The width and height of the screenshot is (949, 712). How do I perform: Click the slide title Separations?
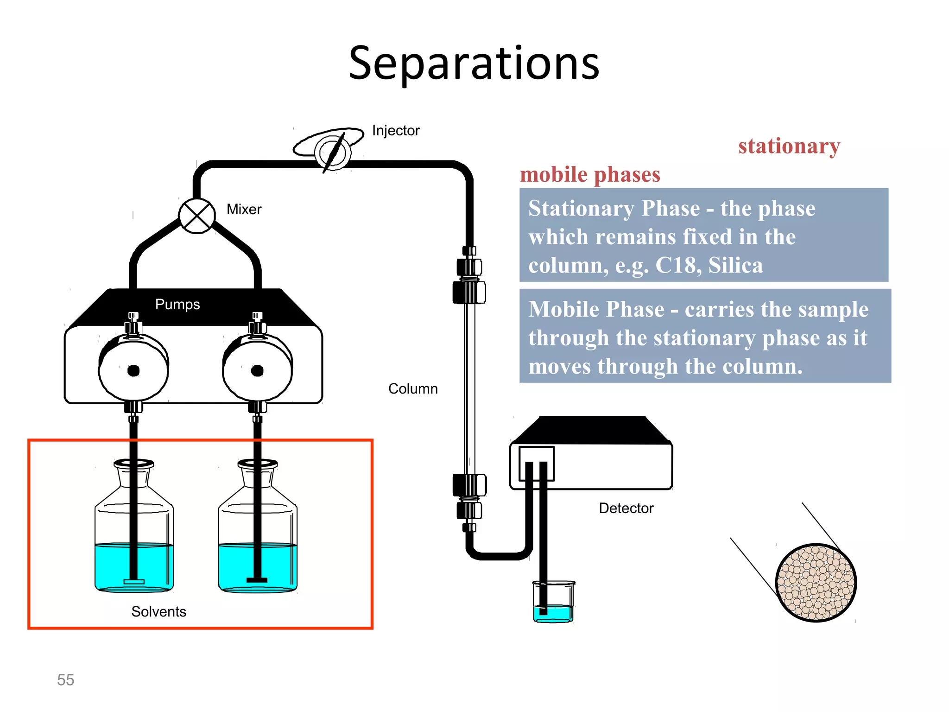[474, 63]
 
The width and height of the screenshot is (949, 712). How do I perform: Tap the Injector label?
[395, 131]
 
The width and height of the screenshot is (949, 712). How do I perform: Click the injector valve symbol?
[333, 151]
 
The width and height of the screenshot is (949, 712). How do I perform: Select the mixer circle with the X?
[197, 216]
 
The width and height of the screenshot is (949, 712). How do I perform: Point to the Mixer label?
[244, 210]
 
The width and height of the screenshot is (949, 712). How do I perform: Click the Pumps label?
[177, 305]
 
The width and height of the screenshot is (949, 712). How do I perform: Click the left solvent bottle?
[134, 533]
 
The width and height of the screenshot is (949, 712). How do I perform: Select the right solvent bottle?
[258, 533]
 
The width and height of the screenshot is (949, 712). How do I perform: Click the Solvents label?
[158, 612]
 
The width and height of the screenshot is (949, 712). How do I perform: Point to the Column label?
[413, 389]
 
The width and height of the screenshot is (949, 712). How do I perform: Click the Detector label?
[626, 509]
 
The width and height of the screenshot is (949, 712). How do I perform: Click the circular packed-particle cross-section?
[816, 583]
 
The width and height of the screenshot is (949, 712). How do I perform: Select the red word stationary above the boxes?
[789, 146]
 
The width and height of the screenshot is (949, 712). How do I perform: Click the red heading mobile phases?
[590, 175]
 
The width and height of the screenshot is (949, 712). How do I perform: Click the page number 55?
[65, 680]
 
